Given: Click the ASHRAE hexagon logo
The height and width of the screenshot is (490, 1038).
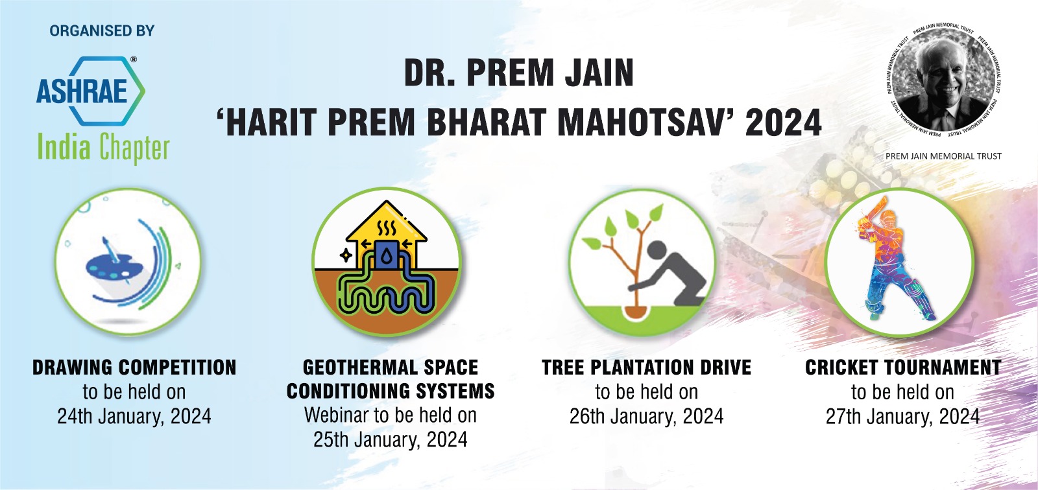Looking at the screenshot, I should [91, 90].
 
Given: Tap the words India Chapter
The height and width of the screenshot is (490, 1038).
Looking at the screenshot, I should [103, 148].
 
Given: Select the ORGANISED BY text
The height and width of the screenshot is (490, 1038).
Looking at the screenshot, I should [102, 30].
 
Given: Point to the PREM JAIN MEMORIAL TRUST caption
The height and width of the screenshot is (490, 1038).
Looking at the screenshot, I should [943, 156].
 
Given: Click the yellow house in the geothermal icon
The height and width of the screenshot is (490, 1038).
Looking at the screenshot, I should [387, 233].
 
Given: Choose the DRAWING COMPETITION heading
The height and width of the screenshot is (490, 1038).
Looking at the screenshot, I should [134, 367].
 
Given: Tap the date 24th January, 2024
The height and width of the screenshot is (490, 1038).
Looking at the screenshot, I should [134, 416].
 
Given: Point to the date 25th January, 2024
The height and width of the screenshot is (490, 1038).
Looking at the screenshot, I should [390, 439].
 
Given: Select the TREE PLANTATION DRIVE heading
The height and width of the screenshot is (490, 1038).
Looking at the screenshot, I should [646, 367].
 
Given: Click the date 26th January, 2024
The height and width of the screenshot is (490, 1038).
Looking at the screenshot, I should [646, 416].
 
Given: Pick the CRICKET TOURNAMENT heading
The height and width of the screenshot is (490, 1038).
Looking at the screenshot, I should [902, 367].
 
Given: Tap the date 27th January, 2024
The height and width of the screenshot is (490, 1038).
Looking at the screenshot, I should [902, 416].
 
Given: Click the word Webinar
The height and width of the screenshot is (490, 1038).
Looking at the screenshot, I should [337, 415].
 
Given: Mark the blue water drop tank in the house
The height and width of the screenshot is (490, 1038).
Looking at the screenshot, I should [387, 255].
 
